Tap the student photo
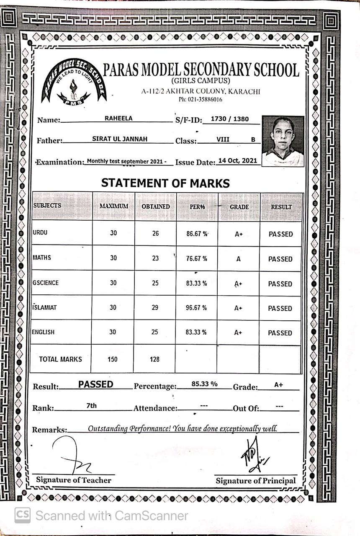point(283,141)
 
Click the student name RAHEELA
point(118,119)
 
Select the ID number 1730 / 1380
point(229,119)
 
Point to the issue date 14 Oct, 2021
point(238,161)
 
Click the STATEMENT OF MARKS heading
point(165,183)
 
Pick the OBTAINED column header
point(155,206)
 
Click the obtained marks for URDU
point(155,233)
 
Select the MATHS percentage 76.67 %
point(197,259)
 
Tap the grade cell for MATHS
point(238,259)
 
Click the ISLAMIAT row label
point(45,307)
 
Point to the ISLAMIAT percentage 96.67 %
point(197,308)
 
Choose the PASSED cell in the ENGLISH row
point(280,333)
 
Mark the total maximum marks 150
point(112,359)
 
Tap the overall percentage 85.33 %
point(204,384)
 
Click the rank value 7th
point(91,405)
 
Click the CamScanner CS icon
point(22,515)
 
